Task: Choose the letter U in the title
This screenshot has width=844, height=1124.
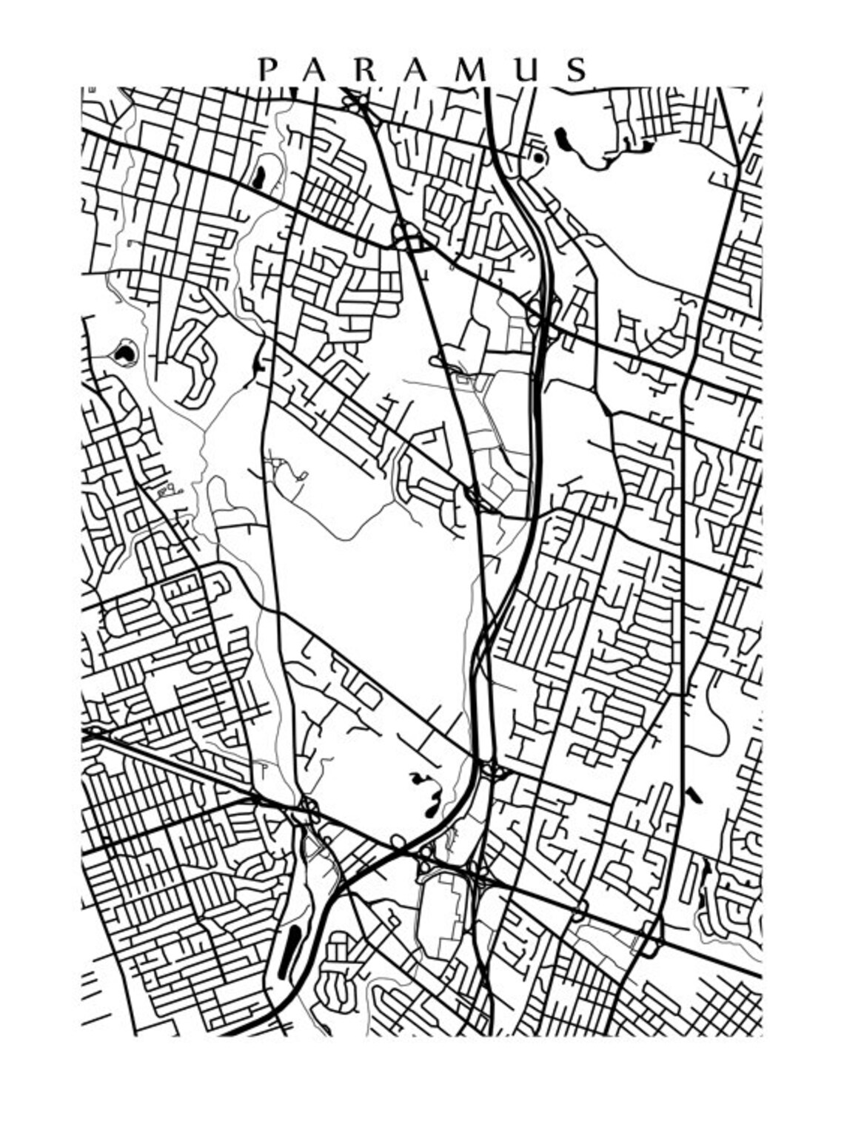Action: click(528, 70)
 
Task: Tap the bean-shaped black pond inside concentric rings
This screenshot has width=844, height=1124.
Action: click(125, 354)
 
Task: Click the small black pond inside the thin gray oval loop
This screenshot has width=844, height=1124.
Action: click(259, 176)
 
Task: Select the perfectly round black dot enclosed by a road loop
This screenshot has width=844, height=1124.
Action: click(538, 158)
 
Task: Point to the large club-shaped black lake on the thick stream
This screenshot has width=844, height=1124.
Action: click(560, 138)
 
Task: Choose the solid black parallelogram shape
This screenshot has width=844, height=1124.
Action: click(693, 796)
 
